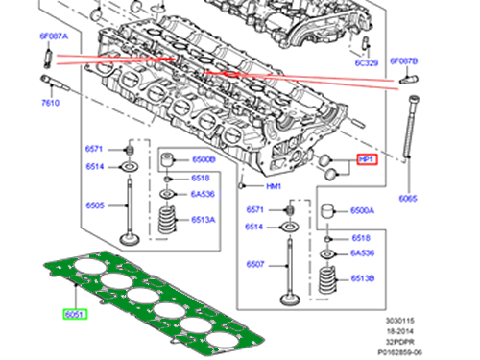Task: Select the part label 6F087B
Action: tap(403, 60)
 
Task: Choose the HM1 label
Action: tap(274, 185)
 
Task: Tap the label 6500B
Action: tap(203, 159)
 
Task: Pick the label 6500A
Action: tap(362, 209)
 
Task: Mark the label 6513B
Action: tap(363, 278)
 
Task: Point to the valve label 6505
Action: tap(94, 205)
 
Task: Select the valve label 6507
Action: tap(254, 263)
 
